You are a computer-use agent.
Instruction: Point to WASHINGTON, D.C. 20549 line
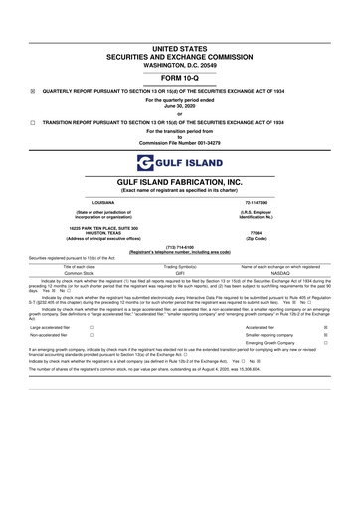[x=180, y=63]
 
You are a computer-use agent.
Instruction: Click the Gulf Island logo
[x=180, y=162]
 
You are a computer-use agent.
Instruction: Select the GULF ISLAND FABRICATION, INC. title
[x=180, y=183]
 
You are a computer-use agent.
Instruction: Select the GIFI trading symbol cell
[x=180, y=273]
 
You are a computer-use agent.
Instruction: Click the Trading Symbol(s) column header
[x=180, y=266]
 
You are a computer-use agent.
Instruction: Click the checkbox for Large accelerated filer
[x=92, y=326]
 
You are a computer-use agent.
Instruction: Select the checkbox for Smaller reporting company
[x=340, y=335]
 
